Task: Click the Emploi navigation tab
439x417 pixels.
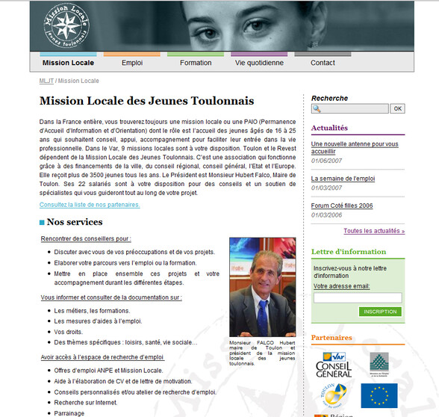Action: pos(131,63)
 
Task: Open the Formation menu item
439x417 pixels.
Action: pos(196,63)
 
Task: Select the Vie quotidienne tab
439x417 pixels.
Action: pos(259,63)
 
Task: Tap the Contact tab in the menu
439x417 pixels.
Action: pos(323,63)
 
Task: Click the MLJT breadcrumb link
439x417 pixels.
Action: pos(46,81)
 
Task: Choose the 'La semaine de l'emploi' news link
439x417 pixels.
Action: pos(343,179)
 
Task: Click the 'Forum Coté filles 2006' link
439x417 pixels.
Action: pos(342,206)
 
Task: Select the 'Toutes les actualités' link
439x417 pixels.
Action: pos(374,231)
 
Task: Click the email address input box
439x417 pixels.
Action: pos(358,297)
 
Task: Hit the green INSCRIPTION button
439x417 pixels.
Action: pos(380,312)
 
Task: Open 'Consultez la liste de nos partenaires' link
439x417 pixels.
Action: pos(90,204)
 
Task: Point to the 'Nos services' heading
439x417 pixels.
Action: pos(74,222)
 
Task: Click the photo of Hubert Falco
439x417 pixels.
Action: pos(262,288)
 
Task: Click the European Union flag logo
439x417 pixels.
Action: pos(379,396)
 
